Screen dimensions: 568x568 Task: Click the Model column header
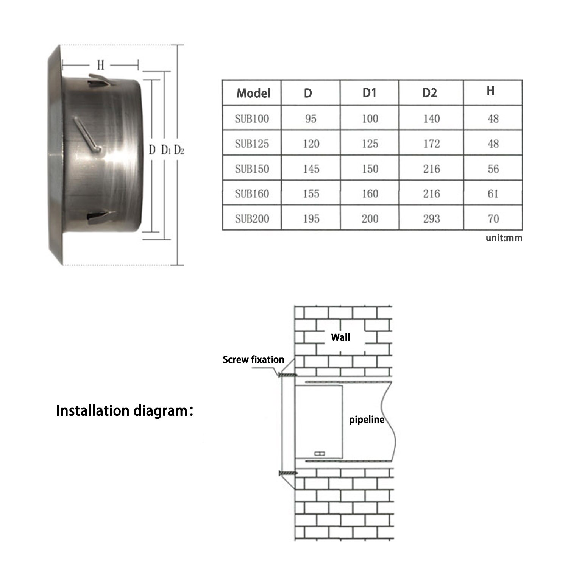pos(253,93)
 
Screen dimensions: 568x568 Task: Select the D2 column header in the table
pos(430,93)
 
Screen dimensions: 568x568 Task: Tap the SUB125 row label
pos(252,144)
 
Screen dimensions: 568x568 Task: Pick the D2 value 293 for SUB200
pos(431,218)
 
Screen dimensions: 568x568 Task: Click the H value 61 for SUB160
pos(493,194)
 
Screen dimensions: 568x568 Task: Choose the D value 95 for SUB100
pos(311,119)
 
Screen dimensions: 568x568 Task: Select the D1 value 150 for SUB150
pos(370,169)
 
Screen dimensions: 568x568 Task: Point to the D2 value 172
pos(431,144)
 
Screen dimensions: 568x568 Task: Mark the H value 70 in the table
pos(493,218)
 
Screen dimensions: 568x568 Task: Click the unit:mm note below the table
pos(504,238)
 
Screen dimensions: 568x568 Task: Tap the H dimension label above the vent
pos(100,66)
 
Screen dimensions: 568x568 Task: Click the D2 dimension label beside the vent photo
pos(179,150)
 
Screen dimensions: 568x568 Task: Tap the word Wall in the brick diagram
pos(340,337)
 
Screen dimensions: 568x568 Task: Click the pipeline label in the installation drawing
pos(366,420)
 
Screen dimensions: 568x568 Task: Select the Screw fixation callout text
pos(253,360)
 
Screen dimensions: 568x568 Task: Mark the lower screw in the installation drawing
pos(288,473)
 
